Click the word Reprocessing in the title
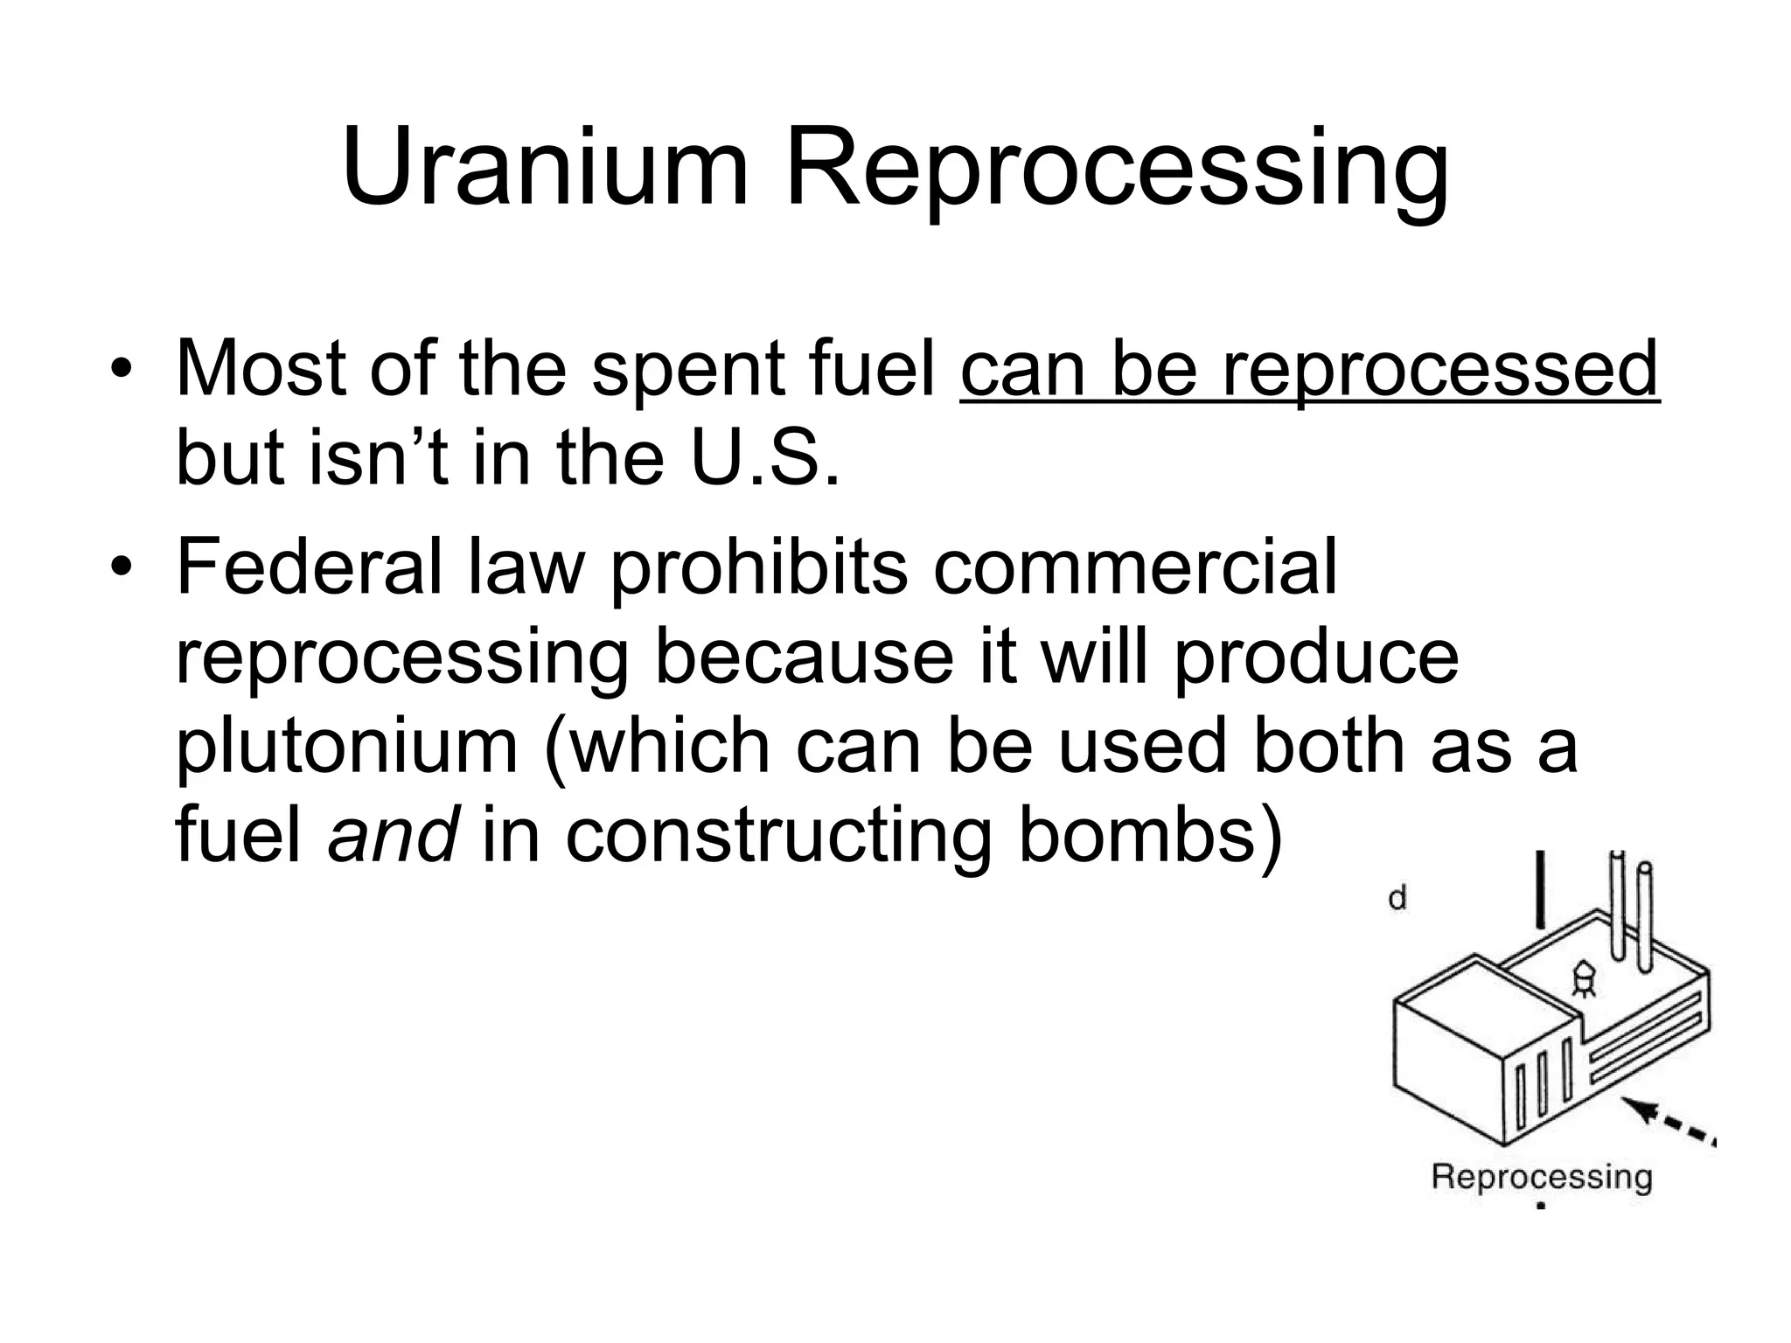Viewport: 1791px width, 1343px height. (x=1118, y=170)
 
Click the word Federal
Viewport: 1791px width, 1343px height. (x=309, y=567)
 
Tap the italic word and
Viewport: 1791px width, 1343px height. (x=393, y=835)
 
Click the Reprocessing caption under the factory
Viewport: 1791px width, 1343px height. (x=1541, y=1177)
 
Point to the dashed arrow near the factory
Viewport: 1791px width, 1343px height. (x=1672, y=1124)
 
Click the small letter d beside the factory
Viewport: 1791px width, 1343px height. (x=1397, y=898)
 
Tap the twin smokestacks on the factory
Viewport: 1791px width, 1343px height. (x=1631, y=914)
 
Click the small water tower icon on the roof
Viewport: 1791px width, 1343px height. (x=1583, y=978)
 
